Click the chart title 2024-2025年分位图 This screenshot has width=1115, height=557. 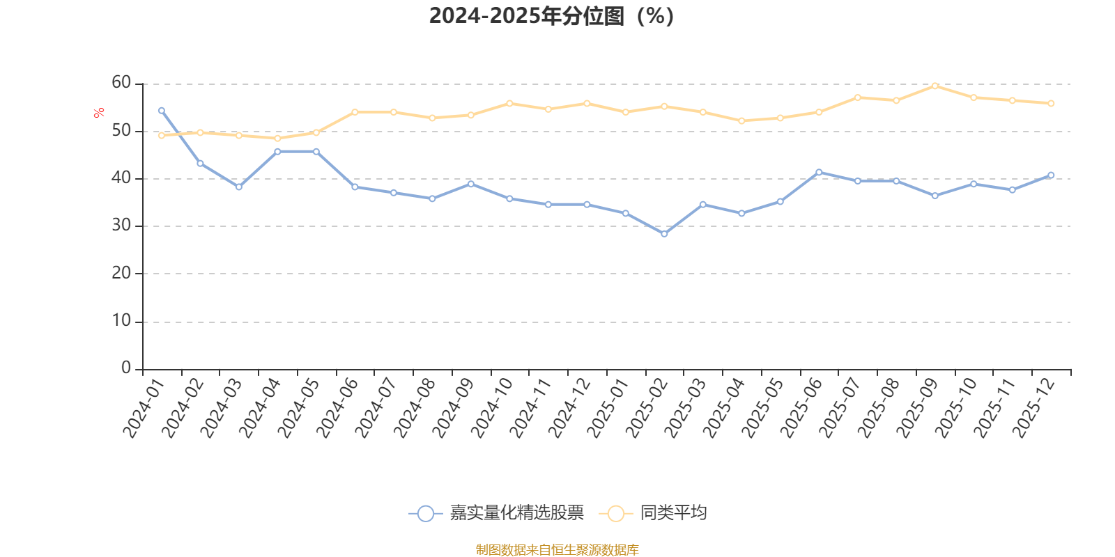[551, 16]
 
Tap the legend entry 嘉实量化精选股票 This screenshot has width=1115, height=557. [516, 514]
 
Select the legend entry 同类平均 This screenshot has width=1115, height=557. [673, 514]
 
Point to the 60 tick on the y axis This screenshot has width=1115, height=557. [121, 83]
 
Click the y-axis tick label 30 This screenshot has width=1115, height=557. [121, 226]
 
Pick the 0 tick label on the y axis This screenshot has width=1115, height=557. [126, 368]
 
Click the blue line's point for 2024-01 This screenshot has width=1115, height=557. [162, 111]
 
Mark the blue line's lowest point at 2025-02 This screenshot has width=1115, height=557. [664, 234]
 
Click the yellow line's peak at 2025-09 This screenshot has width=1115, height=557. [935, 86]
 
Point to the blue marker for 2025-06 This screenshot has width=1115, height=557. [819, 172]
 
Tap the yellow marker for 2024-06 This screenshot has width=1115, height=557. [355, 112]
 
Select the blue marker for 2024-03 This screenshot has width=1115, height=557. [239, 187]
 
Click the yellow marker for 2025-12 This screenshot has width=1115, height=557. [1051, 104]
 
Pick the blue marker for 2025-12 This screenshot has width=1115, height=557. [1051, 175]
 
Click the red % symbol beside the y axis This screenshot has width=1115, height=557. [99, 113]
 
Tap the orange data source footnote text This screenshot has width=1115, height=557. [557, 550]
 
